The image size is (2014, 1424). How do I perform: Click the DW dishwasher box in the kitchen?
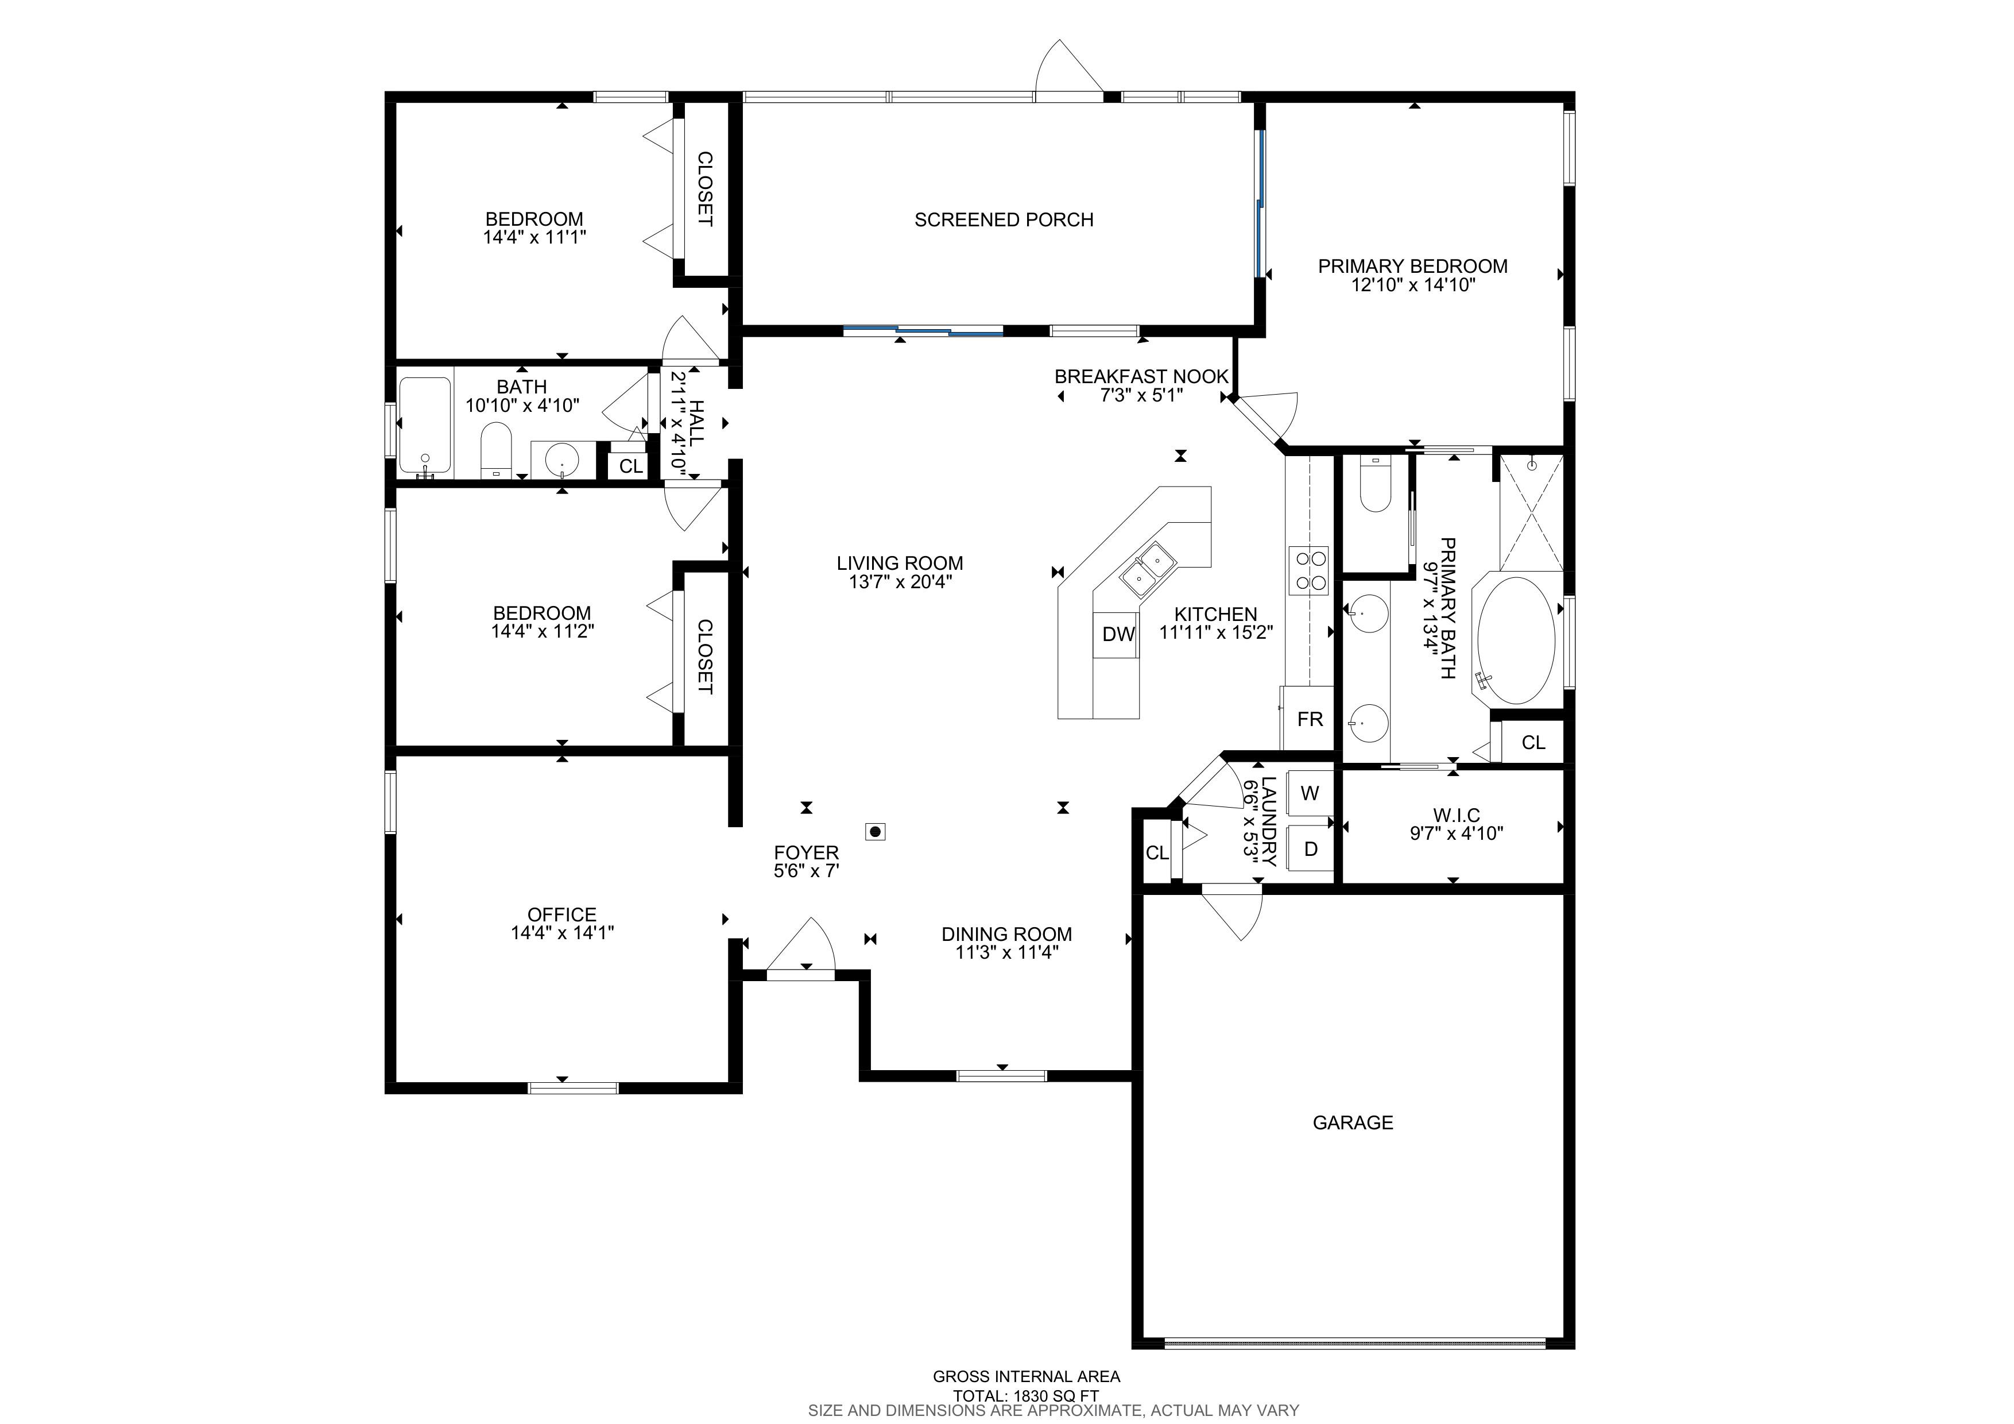coord(1118,634)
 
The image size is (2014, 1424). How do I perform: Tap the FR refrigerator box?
coord(1309,719)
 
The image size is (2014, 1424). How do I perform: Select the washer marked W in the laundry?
coord(1309,793)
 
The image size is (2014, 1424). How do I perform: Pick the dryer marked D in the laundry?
coord(1310,848)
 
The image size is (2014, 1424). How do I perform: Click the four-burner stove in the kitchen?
coord(1308,570)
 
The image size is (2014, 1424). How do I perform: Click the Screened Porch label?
coord(1004,219)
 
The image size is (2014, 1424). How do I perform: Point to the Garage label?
coord(1353,1122)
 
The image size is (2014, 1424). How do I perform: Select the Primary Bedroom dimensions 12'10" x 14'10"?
coord(1413,284)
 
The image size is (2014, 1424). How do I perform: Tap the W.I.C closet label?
coord(1456,816)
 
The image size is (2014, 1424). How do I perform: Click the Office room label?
coord(561,914)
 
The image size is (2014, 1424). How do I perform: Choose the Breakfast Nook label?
coord(1141,376)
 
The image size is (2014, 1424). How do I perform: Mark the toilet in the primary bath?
coord(1376,484)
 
